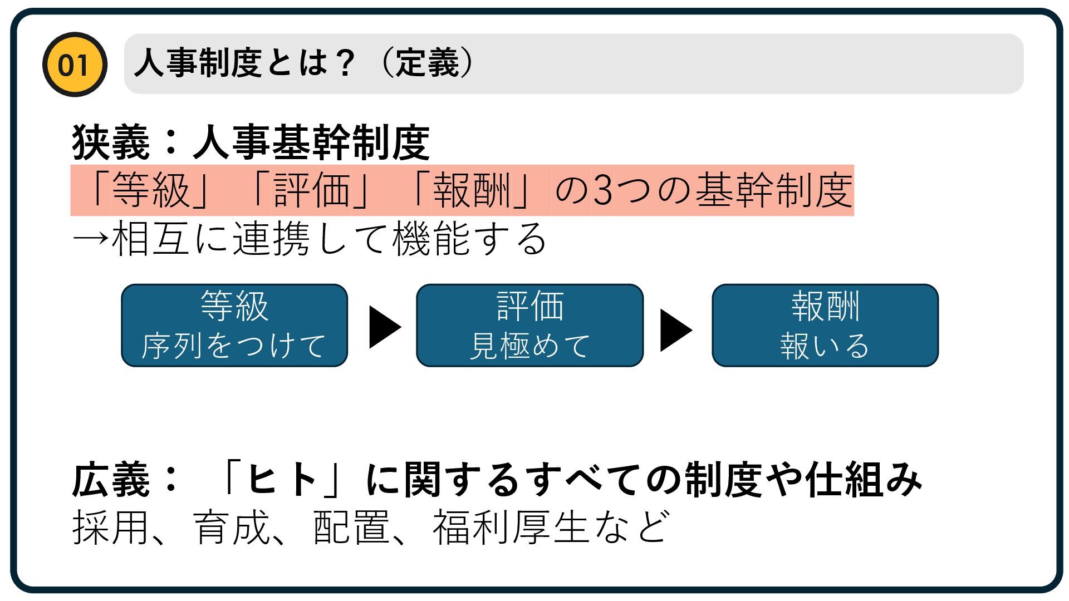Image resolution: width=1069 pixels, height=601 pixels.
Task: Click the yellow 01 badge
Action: coord(74,65)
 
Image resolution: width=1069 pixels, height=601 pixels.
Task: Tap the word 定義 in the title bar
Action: coord(427,63)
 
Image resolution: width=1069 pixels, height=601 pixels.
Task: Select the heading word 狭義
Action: coord(111,142)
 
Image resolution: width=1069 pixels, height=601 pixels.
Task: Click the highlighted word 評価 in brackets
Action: coord(312,190)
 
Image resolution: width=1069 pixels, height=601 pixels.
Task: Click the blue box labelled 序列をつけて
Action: coord(234,326)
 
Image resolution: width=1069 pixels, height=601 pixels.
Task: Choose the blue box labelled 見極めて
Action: coord(529,326)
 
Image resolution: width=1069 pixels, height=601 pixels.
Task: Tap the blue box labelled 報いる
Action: coord(825,326)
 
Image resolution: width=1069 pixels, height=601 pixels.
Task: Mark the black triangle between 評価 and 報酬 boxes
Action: coord(675,330)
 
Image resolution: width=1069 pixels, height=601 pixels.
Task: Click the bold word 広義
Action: coord(111,480)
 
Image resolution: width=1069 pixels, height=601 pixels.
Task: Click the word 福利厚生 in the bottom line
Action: coord(511,528)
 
